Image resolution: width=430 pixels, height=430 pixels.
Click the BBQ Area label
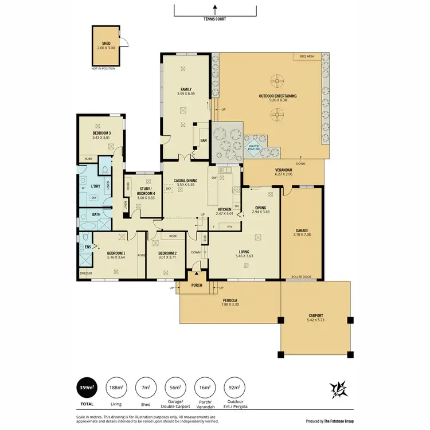306,57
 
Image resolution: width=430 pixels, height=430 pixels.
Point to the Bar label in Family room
202,139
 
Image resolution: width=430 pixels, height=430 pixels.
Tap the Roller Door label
301,276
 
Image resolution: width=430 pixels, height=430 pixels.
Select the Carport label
315,316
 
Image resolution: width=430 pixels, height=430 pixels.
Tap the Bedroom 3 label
101,134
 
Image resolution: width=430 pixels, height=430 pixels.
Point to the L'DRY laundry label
95,186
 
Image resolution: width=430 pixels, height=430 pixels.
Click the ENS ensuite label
87,247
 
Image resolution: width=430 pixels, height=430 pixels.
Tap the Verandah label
284,170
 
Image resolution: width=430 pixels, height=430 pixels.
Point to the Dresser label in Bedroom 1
86,273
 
